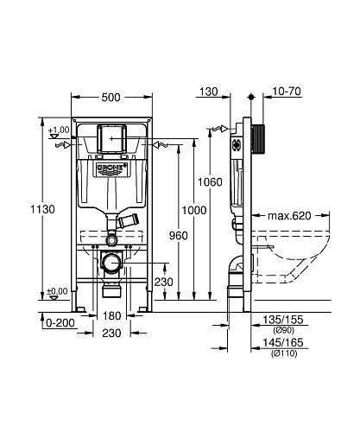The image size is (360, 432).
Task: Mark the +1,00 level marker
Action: coord(58,130)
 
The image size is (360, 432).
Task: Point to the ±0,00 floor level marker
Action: coord(58,291)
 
